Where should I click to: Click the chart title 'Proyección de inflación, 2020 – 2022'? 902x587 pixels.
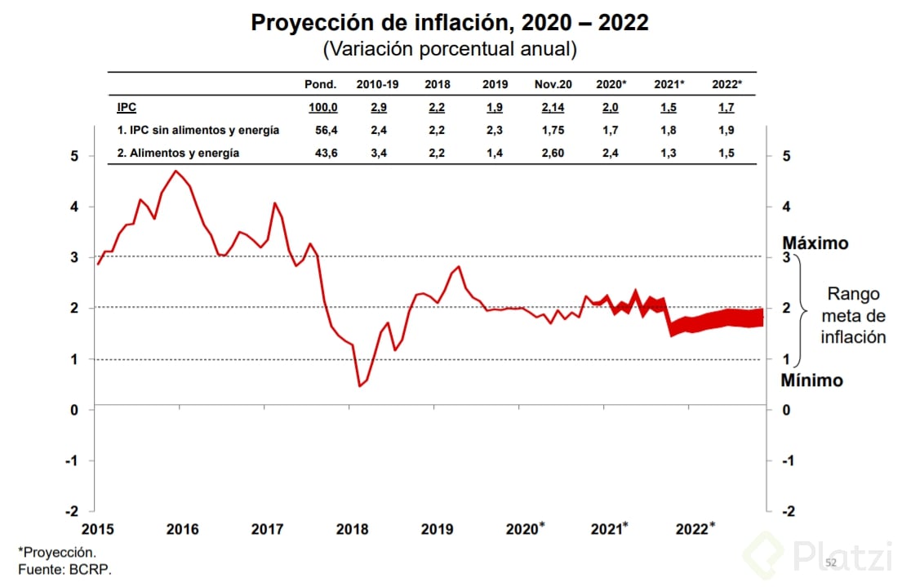[x=450, y=22]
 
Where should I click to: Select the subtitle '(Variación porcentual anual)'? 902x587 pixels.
[x=450, y=49]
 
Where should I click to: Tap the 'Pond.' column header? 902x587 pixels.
[x=320, y=85]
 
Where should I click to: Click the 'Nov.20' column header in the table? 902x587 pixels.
[x=553, y=85]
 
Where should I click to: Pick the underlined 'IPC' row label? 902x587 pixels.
[x=127, y=107]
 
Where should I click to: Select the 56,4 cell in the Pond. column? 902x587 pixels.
[x=322, y=130]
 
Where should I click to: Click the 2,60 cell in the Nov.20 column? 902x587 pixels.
[x=553, y=153]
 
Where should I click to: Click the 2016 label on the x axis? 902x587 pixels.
[x=182, y=529]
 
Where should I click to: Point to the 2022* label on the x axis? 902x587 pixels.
[x=695, y=528]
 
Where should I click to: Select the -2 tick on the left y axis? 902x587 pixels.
[x=72, y=511]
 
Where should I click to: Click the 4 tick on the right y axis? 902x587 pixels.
[x=787, y=207]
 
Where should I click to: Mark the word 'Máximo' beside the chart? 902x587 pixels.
[x=815, y=243]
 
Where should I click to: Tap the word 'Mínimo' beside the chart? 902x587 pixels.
[x=811, y=380]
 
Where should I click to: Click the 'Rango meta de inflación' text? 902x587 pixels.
[x=852, y=315]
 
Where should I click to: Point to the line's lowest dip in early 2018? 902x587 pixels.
[x=359, y=385]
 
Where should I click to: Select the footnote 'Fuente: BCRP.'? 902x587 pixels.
[x=64, y=570]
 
